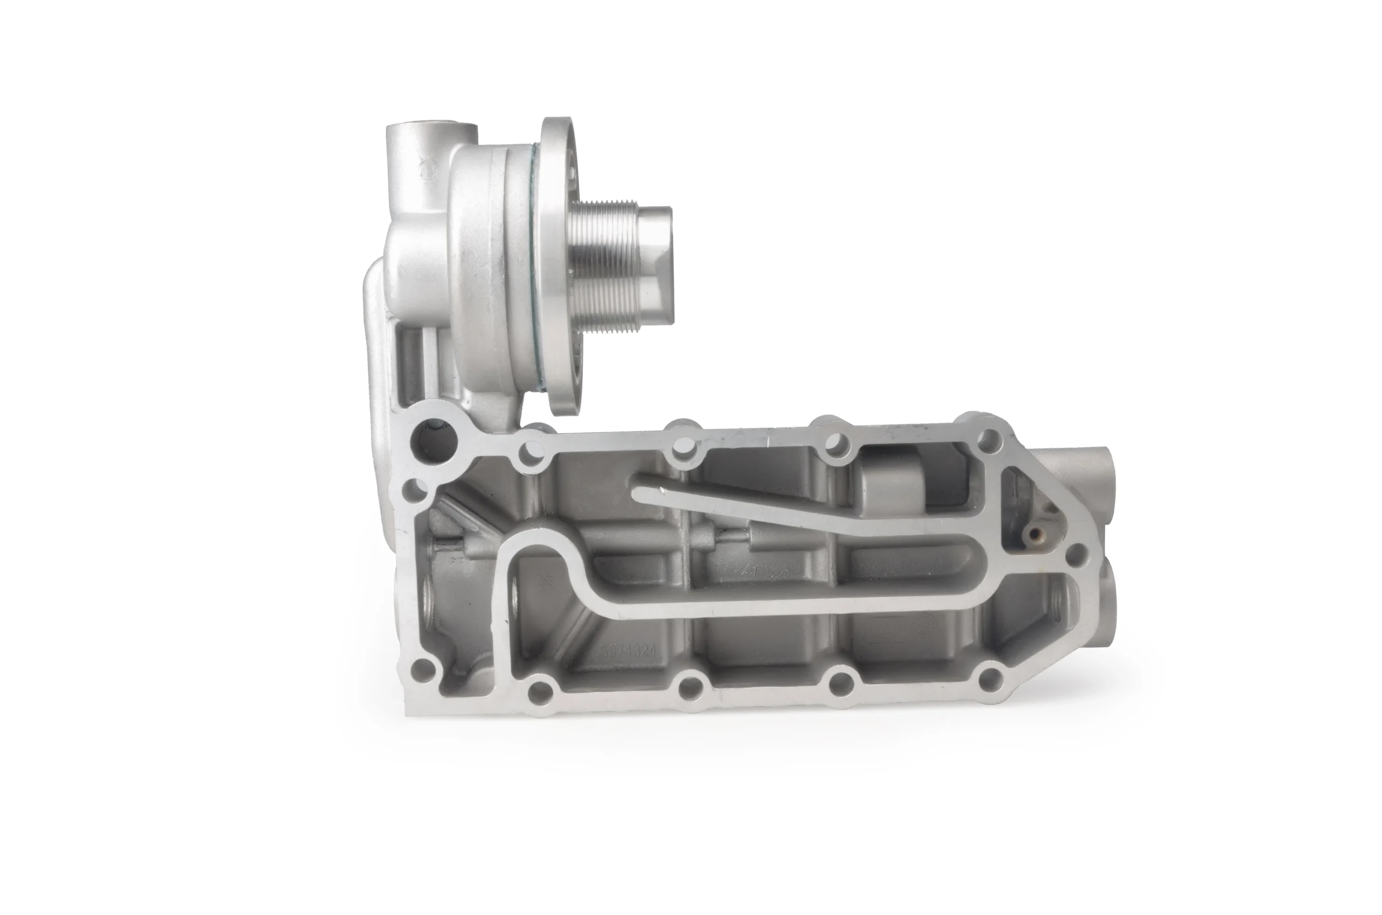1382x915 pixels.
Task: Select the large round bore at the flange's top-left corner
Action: click(433, 442)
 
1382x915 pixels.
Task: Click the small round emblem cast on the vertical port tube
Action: click(428, 174)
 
